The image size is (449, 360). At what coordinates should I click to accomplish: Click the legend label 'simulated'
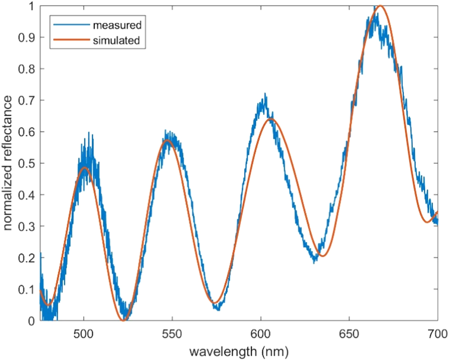point(117,41)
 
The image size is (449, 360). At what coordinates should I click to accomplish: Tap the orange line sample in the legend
point(70,41)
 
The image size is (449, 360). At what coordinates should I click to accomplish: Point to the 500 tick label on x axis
point(84,333)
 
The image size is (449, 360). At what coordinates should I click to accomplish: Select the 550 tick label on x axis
point(172,333)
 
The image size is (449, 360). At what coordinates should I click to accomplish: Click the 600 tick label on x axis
point(261,333)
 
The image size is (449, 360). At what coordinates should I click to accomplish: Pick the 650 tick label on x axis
point(349,333)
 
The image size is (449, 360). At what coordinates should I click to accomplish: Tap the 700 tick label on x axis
point(437,333)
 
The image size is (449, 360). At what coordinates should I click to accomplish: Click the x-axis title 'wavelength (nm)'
point(239,352)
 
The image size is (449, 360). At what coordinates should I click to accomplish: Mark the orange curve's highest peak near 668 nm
point(380,6)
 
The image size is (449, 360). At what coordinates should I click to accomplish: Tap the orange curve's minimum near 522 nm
point(124,320)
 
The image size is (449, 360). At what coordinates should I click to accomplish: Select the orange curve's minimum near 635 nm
point(323,256)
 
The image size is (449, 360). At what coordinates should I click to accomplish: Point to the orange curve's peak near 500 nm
point(85,167)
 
